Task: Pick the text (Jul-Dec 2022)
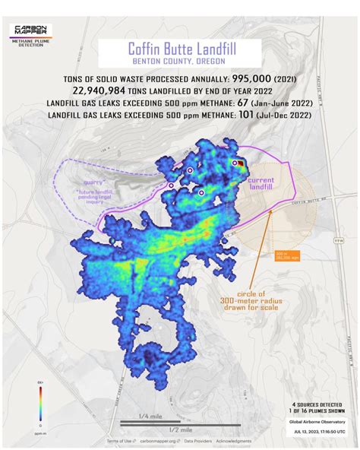(x=285, y=116)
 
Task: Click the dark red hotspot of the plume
(x=240, y=162)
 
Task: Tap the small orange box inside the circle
(x=287, y=255)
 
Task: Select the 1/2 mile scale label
(x=179, y=429)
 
